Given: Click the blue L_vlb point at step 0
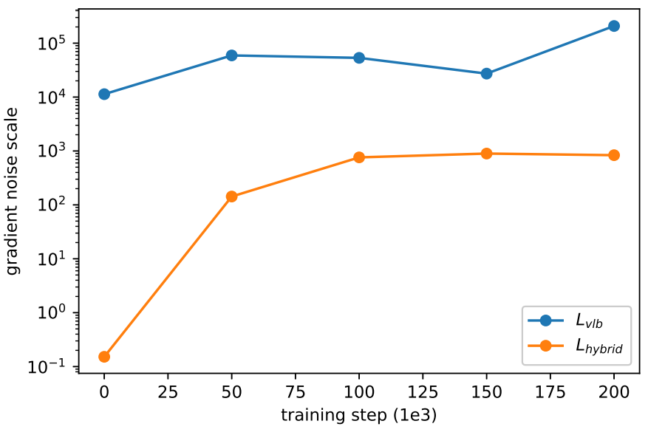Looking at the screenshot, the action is coord(104,95).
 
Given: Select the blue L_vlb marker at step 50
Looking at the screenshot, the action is coord(232,55).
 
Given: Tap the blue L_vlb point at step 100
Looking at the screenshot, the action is coord(359,58).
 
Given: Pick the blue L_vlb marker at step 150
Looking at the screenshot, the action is coord(487,74).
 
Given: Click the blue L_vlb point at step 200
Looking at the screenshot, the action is coord(614,26).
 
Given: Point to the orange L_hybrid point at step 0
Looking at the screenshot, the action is coord(104,357).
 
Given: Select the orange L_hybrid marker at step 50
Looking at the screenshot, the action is coord(232,196).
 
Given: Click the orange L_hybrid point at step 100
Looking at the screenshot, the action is coord(359,157).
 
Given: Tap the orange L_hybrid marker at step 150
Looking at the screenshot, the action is coord(487,154).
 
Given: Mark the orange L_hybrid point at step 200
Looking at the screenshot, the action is coord(614,155).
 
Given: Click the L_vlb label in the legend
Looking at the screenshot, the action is coord(590,321).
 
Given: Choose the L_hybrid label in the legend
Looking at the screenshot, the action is coord(599,346).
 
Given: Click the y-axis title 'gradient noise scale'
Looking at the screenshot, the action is coord(13,191).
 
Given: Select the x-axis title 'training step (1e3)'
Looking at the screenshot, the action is coord(358,415).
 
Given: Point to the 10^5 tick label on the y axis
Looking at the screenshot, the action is coord(51,43).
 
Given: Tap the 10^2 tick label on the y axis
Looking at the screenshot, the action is coord(51,204).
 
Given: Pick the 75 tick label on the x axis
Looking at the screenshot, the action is coord(296,391).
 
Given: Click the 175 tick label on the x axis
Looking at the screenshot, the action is coord(550,391).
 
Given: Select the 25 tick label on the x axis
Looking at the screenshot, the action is coord(168,391).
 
